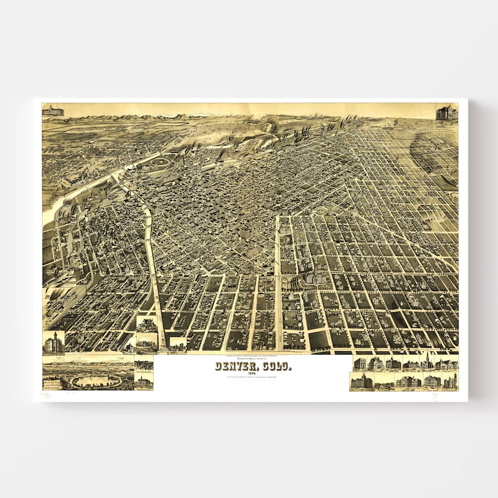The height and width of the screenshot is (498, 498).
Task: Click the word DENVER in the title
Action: pyautogui.click(x=231, y=366)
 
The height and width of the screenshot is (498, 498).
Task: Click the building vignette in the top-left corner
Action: pyautogui.click(x=53, y=110)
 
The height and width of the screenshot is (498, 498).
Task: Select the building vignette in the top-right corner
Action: pyautogui.click(x=447, y=112)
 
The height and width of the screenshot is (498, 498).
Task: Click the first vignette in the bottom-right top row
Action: pyautogui.click(x=360, y=364)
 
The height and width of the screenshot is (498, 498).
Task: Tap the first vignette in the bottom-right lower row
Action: pyautogui.click(x=362, y=381)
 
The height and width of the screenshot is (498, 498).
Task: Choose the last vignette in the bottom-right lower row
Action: pyautogui.click(x=450, y=381)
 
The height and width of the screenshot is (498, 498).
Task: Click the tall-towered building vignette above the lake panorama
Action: pyautogui.click(x=53, y=342)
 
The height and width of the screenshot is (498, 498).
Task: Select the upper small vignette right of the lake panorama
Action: pyautogui.click(x=144, y=364)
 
